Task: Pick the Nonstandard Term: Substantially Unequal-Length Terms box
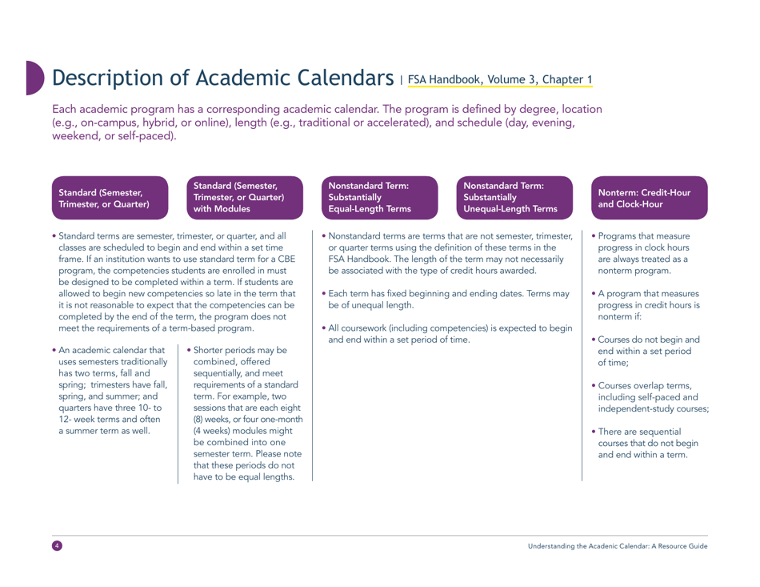(511, 199)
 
